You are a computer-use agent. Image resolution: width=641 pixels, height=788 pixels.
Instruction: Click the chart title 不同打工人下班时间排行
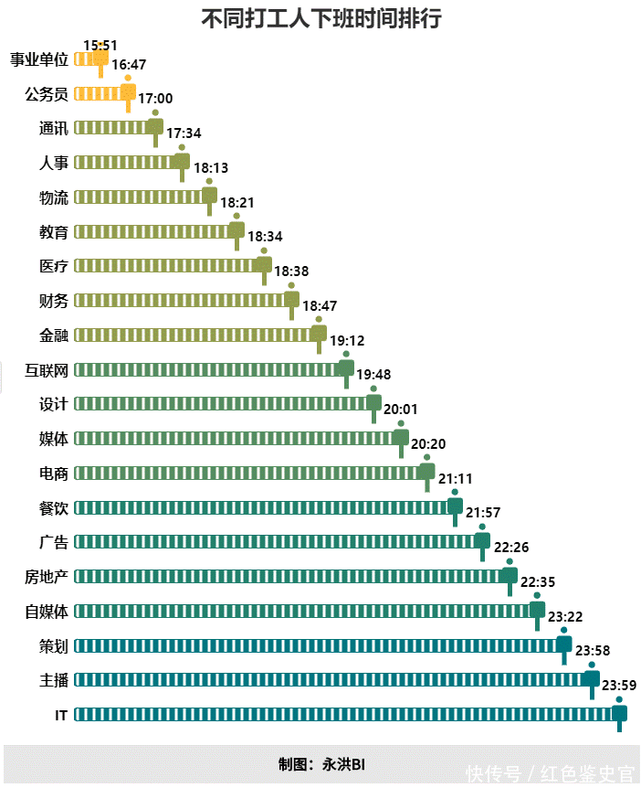[320, 18]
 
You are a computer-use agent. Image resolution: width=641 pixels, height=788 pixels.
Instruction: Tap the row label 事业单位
[39, 59]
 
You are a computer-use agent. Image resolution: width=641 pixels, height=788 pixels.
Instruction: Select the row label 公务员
[47, 93]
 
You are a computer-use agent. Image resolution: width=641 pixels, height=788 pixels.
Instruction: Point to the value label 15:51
[100, 44]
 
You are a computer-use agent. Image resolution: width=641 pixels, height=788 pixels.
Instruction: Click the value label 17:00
[155, 99]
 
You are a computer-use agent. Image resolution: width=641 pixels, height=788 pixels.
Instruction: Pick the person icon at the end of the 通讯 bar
[155, 127]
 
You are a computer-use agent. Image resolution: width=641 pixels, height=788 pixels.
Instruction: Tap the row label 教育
[54, 231]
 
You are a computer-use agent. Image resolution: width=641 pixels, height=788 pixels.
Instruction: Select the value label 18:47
[320, 306]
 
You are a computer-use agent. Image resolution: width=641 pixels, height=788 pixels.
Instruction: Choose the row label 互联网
[47, 369]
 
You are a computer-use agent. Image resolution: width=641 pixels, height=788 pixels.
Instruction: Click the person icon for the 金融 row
[319, 334]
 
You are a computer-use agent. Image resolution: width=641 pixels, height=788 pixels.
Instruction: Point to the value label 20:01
[401, 410]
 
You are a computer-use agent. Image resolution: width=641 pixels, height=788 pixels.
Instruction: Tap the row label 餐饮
[54, 507]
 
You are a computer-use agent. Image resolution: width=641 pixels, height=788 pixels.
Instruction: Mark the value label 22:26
[511, 548]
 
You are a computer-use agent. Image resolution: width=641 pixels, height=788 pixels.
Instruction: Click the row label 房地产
[47, 576]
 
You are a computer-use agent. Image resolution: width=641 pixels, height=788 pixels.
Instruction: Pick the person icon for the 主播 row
[592, 678]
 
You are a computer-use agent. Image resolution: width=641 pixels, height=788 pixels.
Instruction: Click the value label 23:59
[619, 685]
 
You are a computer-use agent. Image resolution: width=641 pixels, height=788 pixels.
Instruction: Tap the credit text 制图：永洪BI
[321, 764]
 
